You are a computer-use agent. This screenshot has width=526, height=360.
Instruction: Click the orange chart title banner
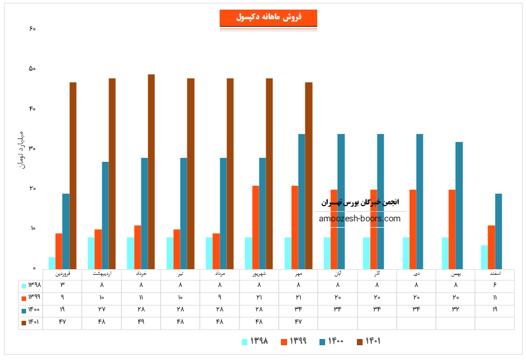click(268, 18)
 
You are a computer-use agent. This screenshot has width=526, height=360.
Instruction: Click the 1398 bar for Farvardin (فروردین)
click(52, 263)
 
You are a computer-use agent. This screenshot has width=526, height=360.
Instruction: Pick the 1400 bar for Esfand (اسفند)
click(499, 231)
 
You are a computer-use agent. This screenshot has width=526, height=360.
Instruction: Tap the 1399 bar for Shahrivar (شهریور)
click(256, 227)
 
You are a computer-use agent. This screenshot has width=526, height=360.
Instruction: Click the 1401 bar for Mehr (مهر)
click(309, 175)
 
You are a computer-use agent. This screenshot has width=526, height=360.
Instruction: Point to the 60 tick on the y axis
click(32, 28)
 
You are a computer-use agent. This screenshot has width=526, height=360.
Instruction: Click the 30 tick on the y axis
click(32, 149)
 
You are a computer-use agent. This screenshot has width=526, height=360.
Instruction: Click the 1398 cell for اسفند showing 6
click(495, 285)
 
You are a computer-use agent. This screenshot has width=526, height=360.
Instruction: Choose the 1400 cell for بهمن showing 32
click(456, 309)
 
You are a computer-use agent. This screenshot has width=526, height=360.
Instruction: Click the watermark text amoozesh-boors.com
click(360, 219)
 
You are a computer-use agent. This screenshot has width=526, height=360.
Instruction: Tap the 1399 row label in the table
click(31, 298)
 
